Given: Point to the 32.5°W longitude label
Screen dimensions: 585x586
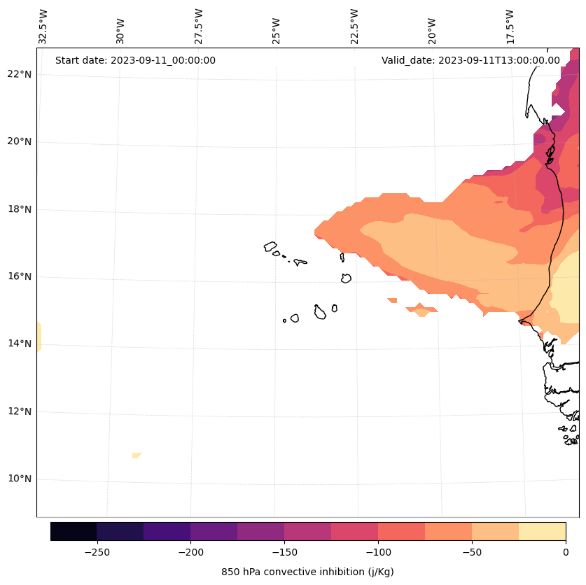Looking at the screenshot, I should pyautogui.click(x=43, y=27).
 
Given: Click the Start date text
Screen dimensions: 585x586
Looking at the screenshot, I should pyautogui.click(x=135, y=60).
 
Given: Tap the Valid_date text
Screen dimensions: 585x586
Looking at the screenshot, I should pyautogui.click(x=470, y=60).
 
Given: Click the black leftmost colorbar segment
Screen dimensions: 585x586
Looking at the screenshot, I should pyautogui.click(x=74, y=531).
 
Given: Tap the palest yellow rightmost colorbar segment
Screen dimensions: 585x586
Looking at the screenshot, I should pyautogui.click(x=542, y=531).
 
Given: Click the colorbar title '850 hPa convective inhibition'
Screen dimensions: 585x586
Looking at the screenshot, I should pyautogui.click(x=307, y=572).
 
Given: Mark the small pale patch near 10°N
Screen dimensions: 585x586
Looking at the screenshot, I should pyautogui.click(x=137, y=456).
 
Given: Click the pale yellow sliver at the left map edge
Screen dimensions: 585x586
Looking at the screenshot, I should pyautogui.click(x=39, y=336).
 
